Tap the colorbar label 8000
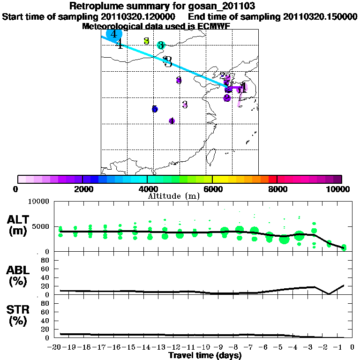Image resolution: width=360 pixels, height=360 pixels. click(x=277, y=189)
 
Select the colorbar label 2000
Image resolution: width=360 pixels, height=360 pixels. click(x=82, y=189)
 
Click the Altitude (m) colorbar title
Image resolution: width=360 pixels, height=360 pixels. click(x=173, y=195)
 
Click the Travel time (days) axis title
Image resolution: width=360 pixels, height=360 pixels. click(x=205, y=356)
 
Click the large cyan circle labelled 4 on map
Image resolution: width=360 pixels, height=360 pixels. click(x=114, y=34)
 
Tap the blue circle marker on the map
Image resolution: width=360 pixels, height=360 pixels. click(x=155, y=109)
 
